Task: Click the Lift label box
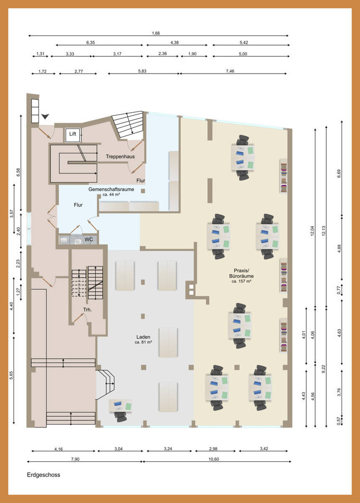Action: (73, 135)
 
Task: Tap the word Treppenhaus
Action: (120, 156)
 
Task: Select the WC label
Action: (88, 239)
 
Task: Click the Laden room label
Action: (143, 337)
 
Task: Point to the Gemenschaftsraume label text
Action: (111, 189)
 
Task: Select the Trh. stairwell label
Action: (87, 310)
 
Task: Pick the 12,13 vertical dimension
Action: (324, 231)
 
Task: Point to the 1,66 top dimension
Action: (155, 33)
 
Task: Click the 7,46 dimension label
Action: (230, 71)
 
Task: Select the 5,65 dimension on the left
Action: (11, 375)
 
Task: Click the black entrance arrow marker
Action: (45, 117)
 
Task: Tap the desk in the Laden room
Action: (120, 406)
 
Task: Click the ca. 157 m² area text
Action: (241, 281)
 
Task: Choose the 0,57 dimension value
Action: (339, 421)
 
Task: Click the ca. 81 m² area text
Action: (143, 342)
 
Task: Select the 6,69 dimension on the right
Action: (339, 174)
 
